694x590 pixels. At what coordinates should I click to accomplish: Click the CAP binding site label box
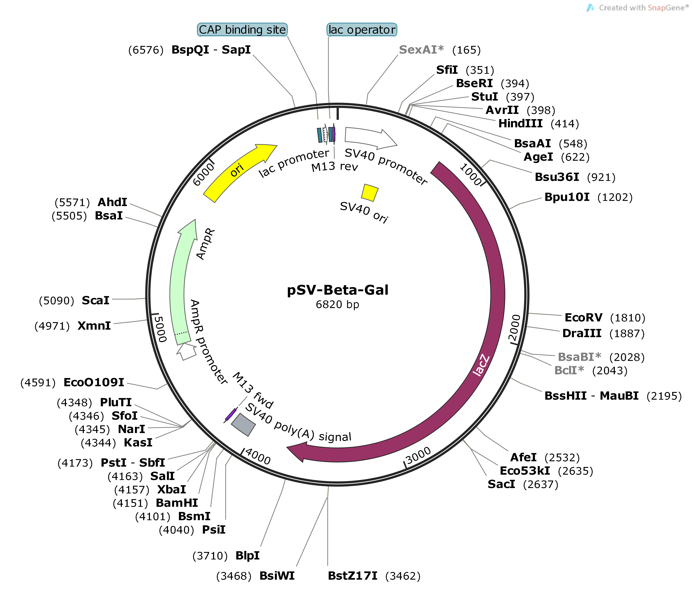point(242,30)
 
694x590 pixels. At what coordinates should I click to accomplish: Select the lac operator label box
point(362,30)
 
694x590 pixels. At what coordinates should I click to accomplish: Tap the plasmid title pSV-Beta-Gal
point(337,290)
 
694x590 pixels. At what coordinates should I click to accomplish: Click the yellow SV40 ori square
point(370,193)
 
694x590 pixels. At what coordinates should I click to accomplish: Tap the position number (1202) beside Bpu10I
point(615,197)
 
